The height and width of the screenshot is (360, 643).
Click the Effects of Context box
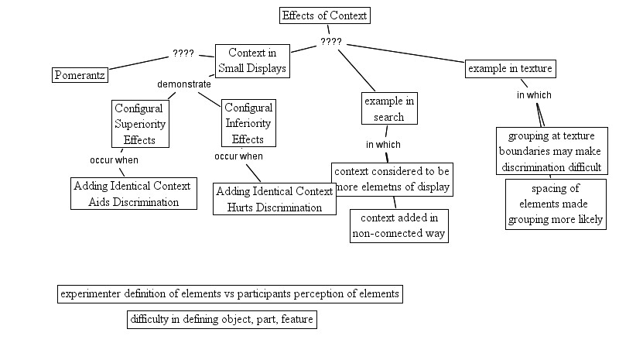pos(325,15)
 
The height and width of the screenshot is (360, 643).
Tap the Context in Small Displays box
pos(252,60)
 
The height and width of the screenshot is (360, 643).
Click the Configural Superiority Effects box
pos(140,124)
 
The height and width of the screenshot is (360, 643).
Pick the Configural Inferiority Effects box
pos(248,124)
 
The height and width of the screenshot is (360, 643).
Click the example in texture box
pos(510,69)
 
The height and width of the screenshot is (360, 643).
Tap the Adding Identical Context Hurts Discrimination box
pos(275,199)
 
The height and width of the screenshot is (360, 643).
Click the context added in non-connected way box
pos(399,225)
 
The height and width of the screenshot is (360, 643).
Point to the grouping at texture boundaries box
pos(551,151)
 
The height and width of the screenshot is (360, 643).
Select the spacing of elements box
pos(556,204)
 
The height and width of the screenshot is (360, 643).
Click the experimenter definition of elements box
pos(230,294)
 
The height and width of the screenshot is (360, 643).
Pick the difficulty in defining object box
pos(222,319)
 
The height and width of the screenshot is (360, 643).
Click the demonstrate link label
pos(184,84)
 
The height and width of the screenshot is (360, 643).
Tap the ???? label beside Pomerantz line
pos(183,55)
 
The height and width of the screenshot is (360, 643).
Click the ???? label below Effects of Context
pos(330,41)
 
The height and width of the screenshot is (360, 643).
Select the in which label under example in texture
pos(534,95)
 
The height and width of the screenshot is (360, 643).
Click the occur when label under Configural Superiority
pos(114,159)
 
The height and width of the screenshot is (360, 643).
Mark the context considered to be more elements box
pos(392,179)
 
